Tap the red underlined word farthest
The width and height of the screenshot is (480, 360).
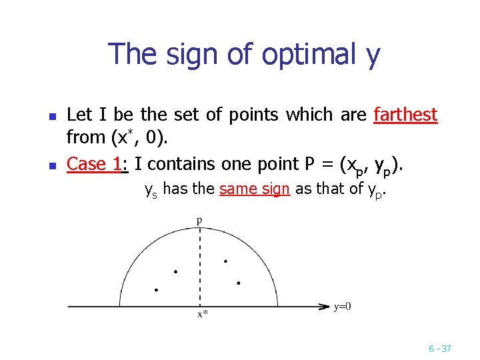(405, 115)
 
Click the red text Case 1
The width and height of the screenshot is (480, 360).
(95, 163)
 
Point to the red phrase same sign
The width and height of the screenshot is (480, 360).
(255, 189)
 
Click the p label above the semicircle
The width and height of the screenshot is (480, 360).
(199, 219)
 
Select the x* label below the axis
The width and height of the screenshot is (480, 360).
(203, 315)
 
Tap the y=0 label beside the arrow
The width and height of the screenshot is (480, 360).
(343, 307)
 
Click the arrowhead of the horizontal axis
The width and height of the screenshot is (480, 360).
(325, 307)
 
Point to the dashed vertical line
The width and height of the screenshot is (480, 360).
(199, 267)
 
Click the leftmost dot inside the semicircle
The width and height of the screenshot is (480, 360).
(156, 290)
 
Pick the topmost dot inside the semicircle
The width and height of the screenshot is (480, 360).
(225, 261)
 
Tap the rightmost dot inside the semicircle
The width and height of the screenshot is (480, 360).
(238, 283)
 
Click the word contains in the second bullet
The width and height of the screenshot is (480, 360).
(169, 163)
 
